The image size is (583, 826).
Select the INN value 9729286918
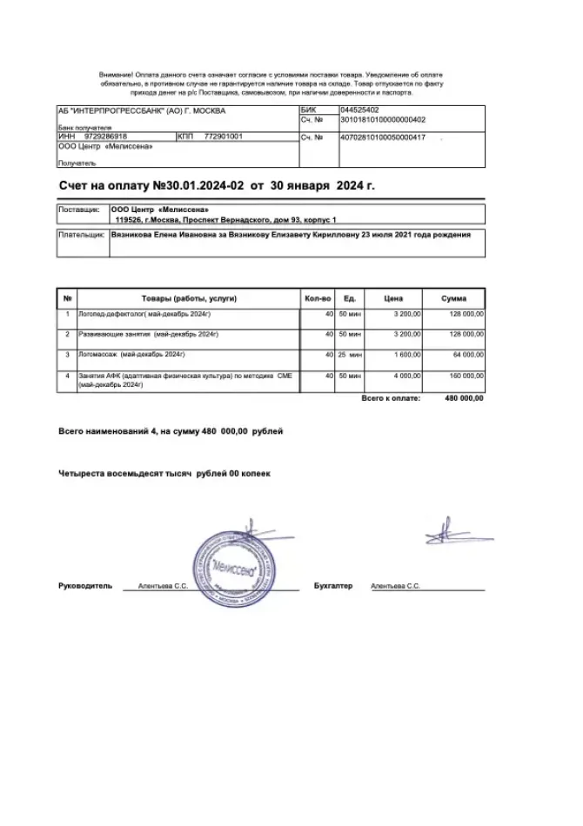105,137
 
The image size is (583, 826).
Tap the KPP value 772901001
223,137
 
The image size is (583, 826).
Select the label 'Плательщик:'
82,235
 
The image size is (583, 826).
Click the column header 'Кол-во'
318,298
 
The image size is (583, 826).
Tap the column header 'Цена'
392,298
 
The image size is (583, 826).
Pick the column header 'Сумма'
453,298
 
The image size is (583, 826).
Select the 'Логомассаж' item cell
131,355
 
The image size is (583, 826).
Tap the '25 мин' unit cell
349,355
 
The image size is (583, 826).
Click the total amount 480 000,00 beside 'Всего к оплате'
464,398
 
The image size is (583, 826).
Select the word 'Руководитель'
85,587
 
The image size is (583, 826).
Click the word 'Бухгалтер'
333,587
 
